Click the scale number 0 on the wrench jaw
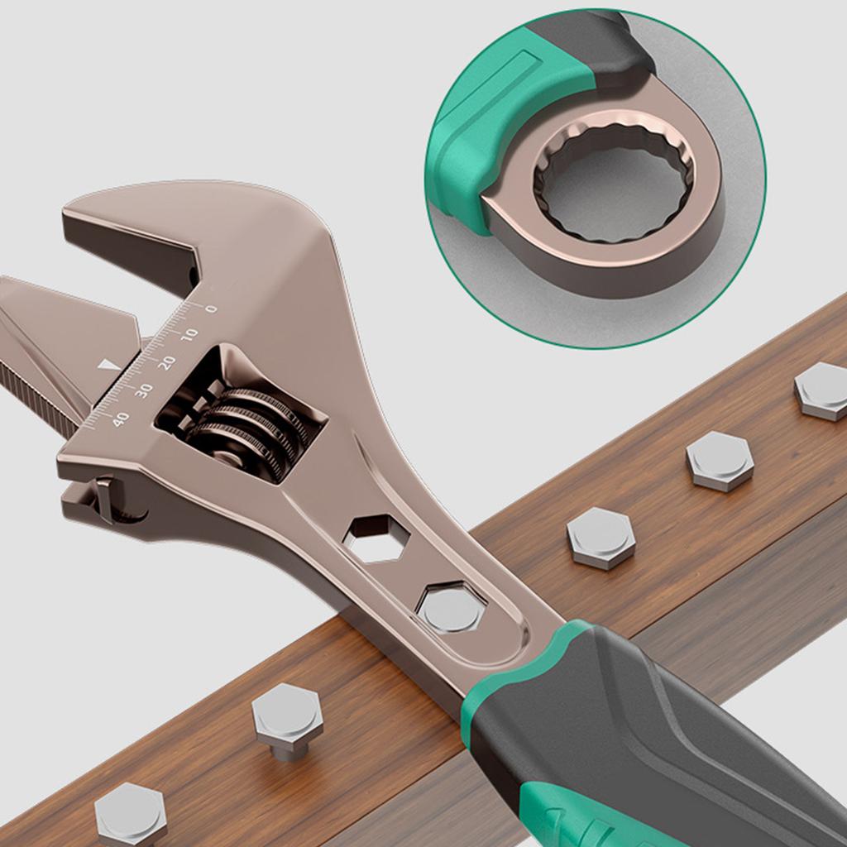click(211, 309)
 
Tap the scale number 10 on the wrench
click(189, 335)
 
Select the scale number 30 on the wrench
click(144, 390)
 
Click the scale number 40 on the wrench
click(121, 419)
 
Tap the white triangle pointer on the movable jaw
click(110, 365)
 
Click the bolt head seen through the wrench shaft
click(451, 608)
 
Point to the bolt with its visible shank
click(287, 721)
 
